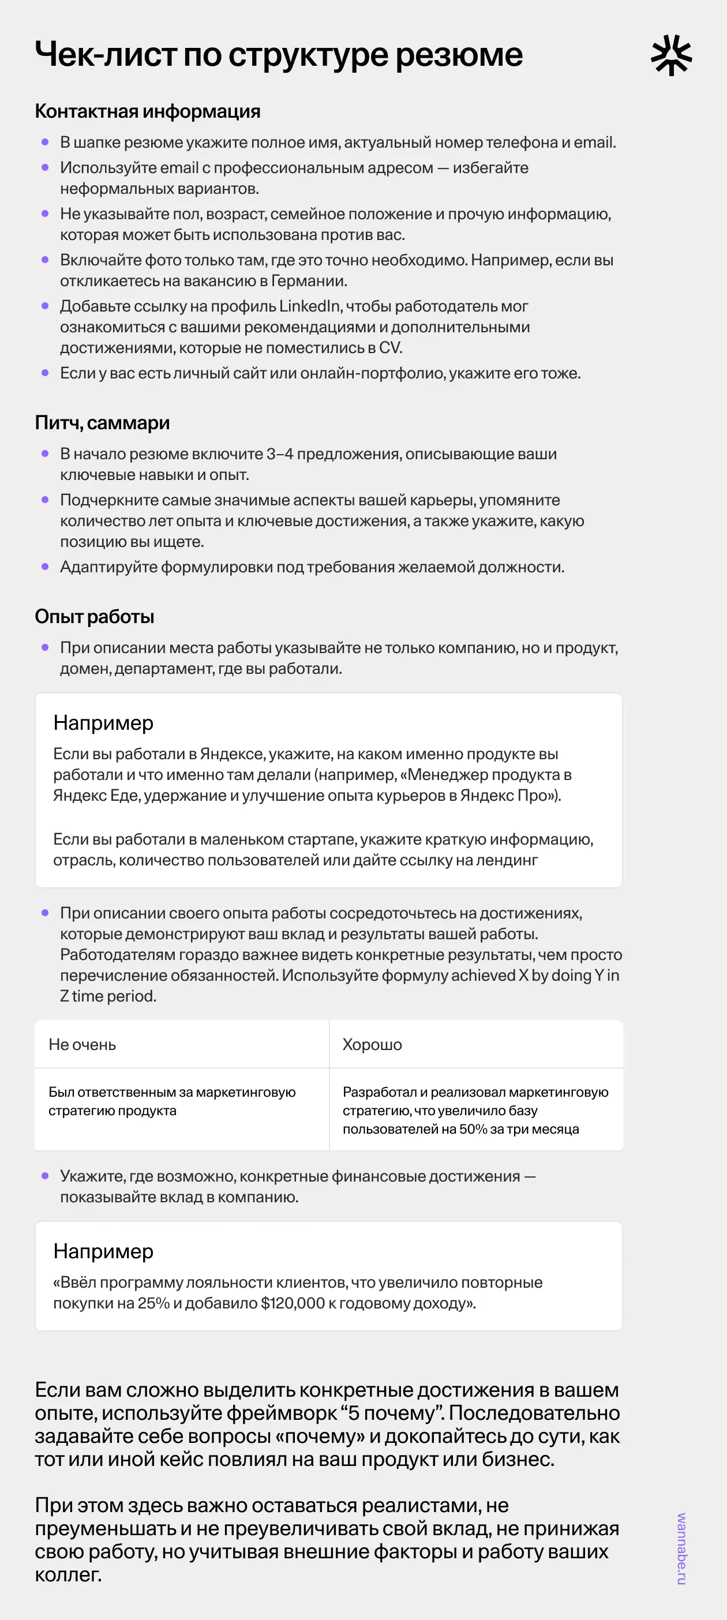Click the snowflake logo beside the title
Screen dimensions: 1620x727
[671, 55]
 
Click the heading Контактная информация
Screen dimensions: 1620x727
[147, 111]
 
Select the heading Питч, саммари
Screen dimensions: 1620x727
[102, 423]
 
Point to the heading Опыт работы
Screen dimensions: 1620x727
[94, 616]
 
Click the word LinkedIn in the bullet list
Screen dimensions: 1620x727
[309, 306]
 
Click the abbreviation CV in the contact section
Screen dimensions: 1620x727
[389, 348]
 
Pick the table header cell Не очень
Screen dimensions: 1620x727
[83, 1045]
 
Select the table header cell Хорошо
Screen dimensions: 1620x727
[372, 1045]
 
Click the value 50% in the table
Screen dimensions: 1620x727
[473, 1129]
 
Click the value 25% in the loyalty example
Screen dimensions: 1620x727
[153, 1303]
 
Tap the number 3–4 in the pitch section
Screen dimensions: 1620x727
[279, 454]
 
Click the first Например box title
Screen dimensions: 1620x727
[103, 723]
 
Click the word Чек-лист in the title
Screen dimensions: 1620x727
[106, 55]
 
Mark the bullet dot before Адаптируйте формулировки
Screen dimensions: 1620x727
[44, 567]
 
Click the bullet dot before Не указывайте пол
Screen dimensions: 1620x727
[44, 214]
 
